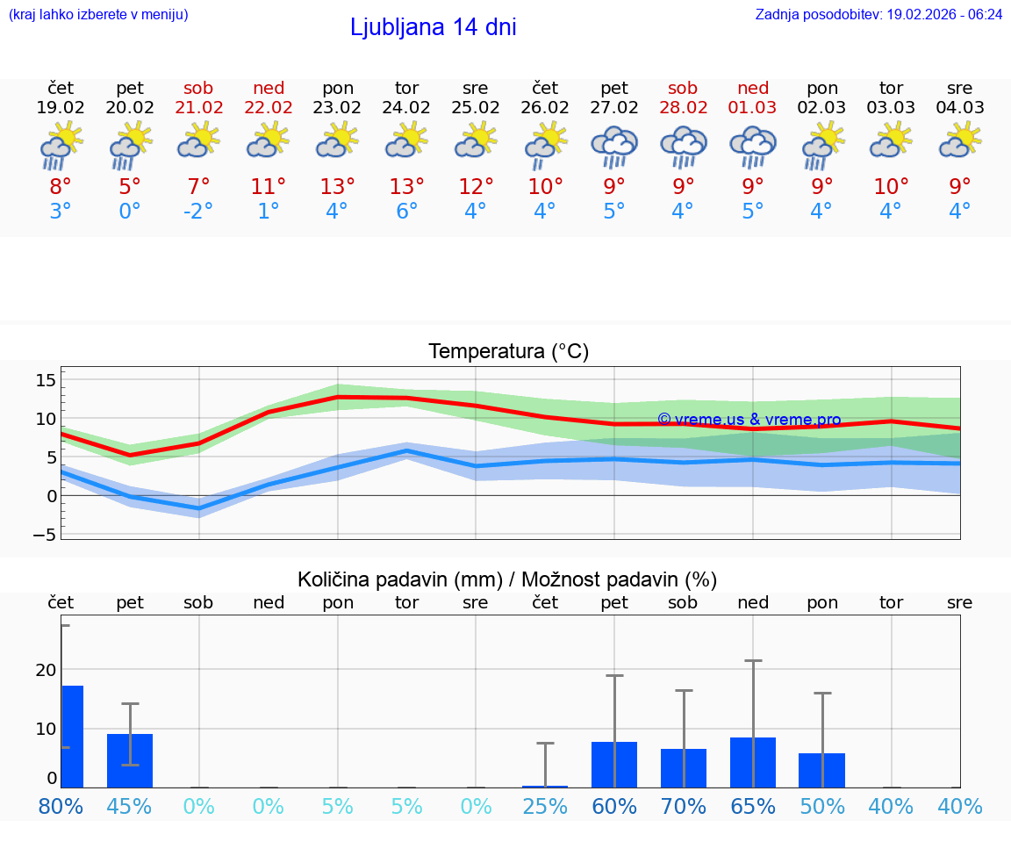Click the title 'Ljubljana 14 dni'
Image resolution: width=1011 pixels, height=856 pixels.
coord(433,27)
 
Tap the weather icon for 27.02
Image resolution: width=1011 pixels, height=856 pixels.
coord(614,147)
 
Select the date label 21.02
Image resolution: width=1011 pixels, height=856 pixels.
coord(198,108)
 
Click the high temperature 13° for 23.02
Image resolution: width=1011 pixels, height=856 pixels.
coord(337,186)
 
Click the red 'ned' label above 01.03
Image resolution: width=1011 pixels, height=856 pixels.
coord(753,88)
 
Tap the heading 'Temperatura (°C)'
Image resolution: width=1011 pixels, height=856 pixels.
coord(508,352)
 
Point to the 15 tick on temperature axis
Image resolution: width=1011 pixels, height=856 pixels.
coord(46,379)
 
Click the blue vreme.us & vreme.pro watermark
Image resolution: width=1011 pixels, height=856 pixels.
coord(749,420)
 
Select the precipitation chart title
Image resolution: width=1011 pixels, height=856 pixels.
coord(507,579)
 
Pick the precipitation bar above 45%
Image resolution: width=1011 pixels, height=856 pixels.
coord(130,760)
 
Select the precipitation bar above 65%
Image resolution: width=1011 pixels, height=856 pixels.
coord(753,762)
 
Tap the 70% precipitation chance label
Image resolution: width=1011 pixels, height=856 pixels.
coord(683,806)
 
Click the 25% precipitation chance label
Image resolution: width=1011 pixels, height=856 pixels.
coord(545,806)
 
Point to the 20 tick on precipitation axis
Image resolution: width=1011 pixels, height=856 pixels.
coord(46,670)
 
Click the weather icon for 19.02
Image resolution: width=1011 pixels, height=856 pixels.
coord(61,147)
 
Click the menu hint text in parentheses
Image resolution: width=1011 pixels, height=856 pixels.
coord(98,15)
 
